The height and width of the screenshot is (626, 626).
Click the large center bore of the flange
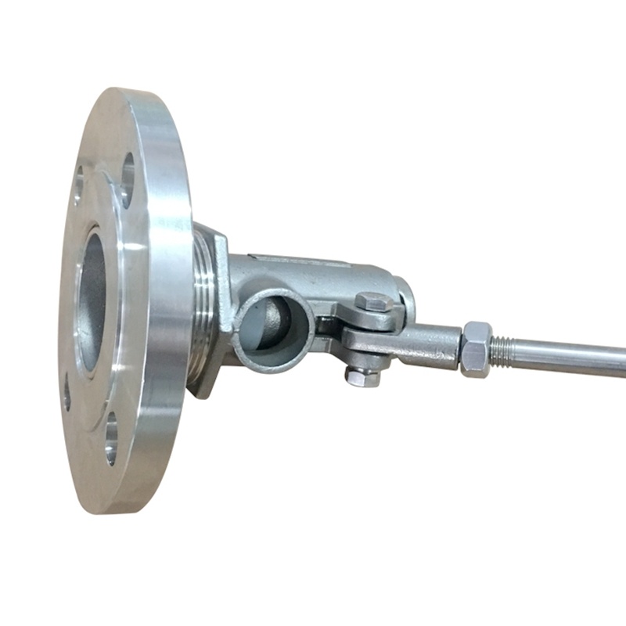pos(92,301)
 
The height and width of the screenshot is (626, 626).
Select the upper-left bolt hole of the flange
pos(78,182)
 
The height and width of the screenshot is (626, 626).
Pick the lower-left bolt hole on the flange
pos(67,392)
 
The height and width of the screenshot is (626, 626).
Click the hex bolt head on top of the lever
pos(372,302)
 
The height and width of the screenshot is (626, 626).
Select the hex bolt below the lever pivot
pos(362,377)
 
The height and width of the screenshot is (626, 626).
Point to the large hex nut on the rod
pos(476,350)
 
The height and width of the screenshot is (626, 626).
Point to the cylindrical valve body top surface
pos(313,266)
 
